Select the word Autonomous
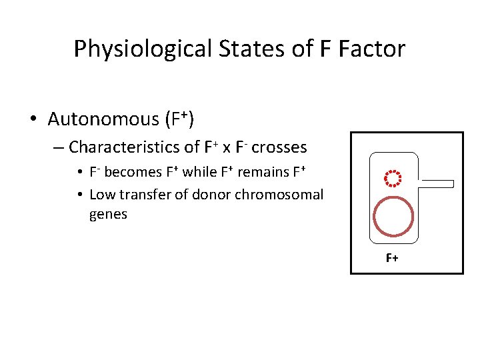(x=103, y=119)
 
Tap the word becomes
(x=133, y=172)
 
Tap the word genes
(x=108, y=215)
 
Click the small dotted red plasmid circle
(x=393, y=178)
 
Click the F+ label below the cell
(x=392, y=258)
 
